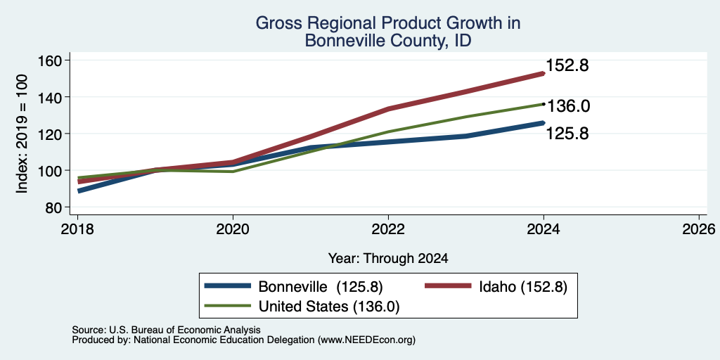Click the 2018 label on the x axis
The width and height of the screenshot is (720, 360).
coord(77,229)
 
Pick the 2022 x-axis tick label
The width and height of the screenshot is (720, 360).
coord(388,229)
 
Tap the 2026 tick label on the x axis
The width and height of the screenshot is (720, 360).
coord(699,229)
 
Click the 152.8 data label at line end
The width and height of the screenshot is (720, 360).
coord(567,65)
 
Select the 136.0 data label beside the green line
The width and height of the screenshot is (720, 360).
coord(568,106)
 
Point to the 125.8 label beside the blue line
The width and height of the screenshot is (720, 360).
coord(567,134)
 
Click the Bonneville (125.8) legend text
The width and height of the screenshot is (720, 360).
coord(321,287)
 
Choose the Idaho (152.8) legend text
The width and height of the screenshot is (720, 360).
coord(523,287)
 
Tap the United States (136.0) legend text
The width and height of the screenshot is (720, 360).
coord(329,307)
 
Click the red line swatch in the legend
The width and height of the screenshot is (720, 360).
coord(448,286)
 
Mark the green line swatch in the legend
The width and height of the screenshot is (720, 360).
coord(228,306)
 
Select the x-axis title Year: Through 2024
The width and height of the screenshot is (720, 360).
coord(388,259)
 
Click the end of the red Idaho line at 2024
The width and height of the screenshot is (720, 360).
coord(544,73)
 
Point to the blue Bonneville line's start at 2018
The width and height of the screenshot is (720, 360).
coord(78,191)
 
